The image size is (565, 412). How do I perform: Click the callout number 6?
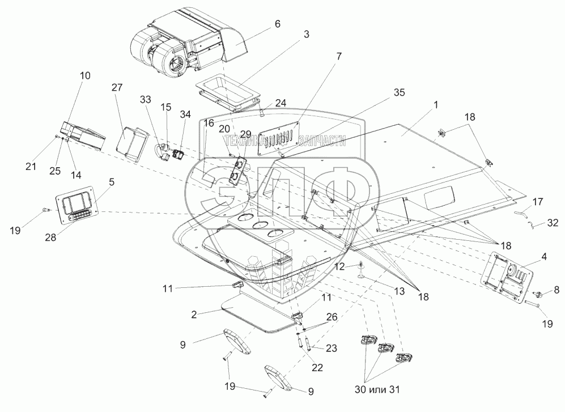277,24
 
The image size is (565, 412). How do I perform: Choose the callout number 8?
556,290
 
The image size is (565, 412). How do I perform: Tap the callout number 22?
317,367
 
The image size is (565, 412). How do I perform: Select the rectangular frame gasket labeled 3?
227,94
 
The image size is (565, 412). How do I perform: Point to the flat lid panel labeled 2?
258,313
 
